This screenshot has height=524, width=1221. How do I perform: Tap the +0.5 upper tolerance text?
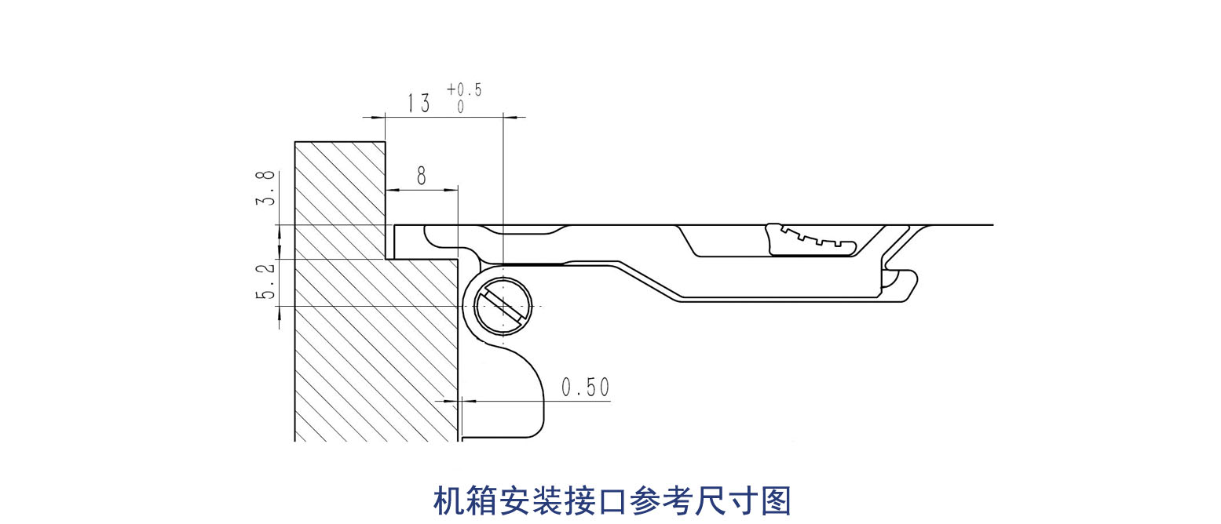tap(464, 89)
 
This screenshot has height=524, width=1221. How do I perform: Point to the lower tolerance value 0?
tap(461, 107)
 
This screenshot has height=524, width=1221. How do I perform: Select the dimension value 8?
tap(422, 176)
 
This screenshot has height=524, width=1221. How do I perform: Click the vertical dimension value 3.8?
tap(267, 188)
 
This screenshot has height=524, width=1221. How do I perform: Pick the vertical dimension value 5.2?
tap(267, 282)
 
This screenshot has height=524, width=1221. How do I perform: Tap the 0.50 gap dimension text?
tap(585, 388)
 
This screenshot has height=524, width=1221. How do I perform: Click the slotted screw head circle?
tap(503, 305)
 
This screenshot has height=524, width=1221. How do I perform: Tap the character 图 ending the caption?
tap(776, 501)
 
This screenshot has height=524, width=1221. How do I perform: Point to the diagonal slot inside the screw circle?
tap(503, 305)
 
